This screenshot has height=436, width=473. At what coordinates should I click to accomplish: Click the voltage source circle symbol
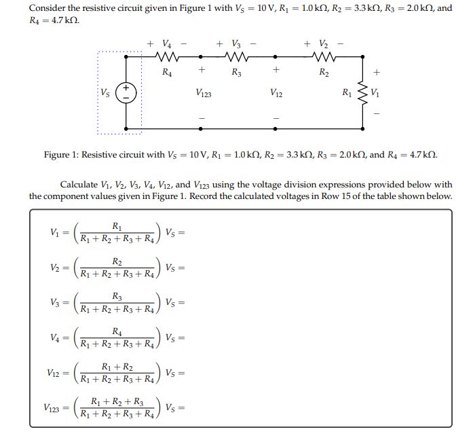(127, 92)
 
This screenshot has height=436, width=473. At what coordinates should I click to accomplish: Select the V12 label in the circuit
(276, 93)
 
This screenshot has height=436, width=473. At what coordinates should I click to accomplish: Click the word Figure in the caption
(57, 155)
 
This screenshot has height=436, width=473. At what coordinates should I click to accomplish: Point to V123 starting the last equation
(52, 408)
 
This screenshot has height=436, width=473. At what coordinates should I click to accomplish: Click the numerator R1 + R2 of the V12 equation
(118, 367)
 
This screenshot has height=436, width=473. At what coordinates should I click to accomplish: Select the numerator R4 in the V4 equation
(118, 332)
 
